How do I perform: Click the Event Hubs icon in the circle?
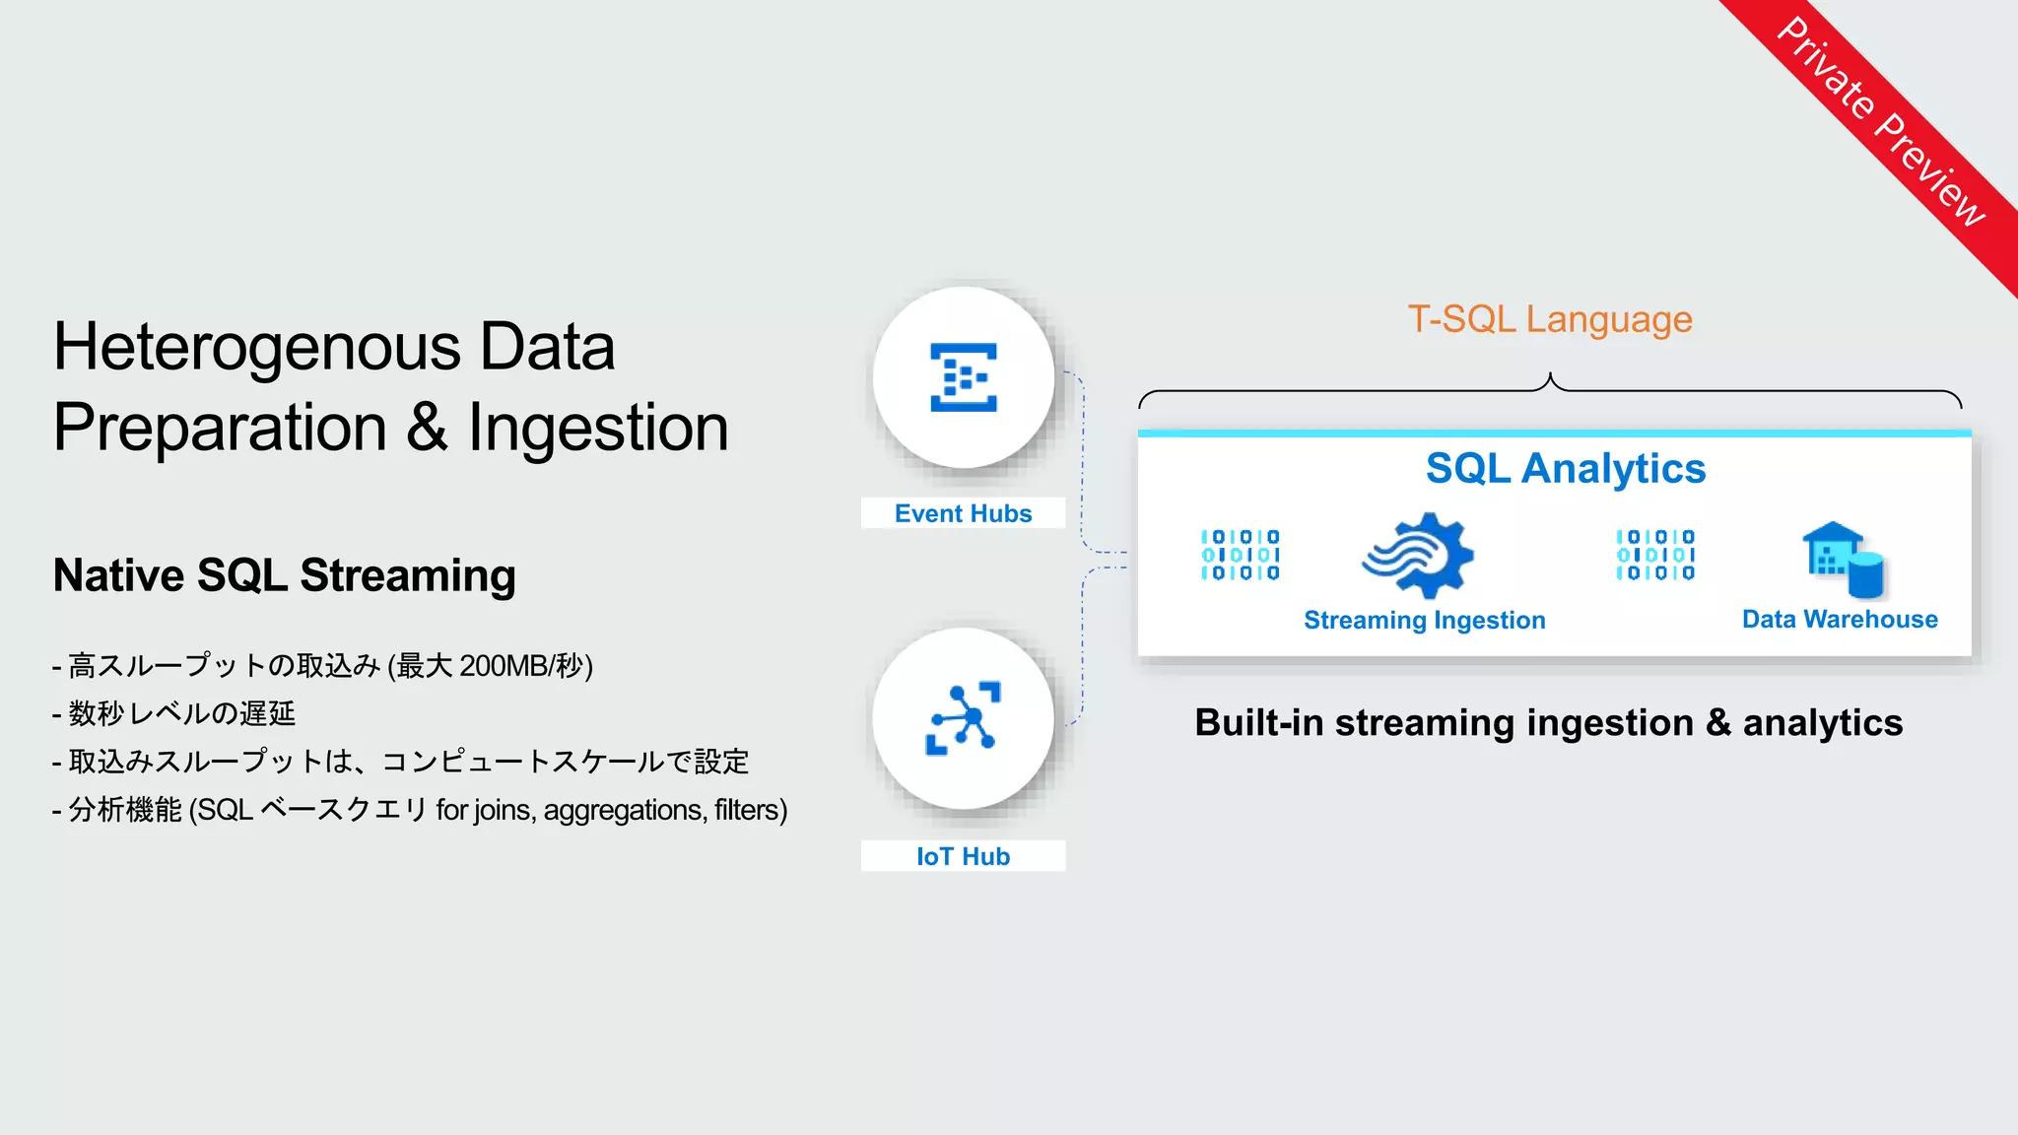pos(964,377)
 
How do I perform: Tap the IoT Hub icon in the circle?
pos(964,718)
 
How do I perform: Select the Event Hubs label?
pos(963,513)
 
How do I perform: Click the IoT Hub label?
pos(963,856)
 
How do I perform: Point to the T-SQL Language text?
pos(1549,319)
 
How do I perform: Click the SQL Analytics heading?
pos(1565,469)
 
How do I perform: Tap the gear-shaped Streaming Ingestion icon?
pos(1419,556)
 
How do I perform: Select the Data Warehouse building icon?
pos(1842,560)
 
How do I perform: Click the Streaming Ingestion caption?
pos(1424,620)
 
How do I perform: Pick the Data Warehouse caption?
pos(1839,619)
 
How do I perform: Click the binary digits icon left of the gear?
pos(1240,555)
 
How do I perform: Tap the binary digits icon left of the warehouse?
pos(1654,555)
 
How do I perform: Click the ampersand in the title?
pos(427,428)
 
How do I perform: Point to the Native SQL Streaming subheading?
pos(284,575)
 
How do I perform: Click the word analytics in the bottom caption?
pos(1822,723)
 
